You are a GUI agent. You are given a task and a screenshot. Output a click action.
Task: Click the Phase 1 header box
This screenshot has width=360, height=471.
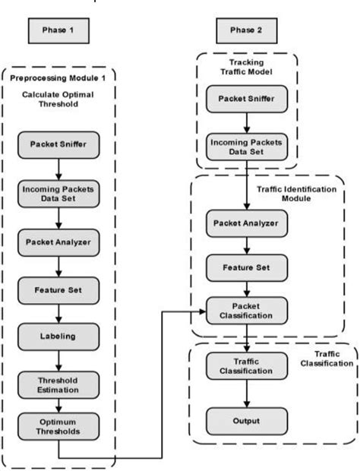(x=58, y=30)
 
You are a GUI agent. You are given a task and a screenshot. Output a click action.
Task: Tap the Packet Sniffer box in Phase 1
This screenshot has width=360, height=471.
(x=58, y=144)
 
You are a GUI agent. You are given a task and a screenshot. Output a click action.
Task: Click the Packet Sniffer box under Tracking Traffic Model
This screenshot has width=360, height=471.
(x=248, y=98)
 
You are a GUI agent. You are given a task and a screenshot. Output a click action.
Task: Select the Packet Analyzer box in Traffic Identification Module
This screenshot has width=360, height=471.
(x=248, y=223)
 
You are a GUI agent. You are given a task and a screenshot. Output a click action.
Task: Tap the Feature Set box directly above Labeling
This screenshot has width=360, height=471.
(x=58, y=289)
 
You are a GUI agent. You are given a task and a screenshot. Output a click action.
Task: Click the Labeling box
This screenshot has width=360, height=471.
(x=58, y=335)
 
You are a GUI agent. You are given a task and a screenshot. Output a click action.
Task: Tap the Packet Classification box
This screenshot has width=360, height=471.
(x=248, y=309)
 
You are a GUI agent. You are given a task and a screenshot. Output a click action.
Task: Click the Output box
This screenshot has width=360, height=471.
(x=248, y=420)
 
